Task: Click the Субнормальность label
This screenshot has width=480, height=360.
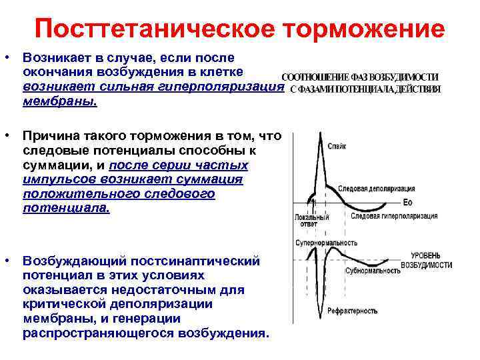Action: pyautogui.click(x=372, y=271)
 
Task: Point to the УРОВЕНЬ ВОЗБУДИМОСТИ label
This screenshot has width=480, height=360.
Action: pyautogui.click(x=426, y=261)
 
